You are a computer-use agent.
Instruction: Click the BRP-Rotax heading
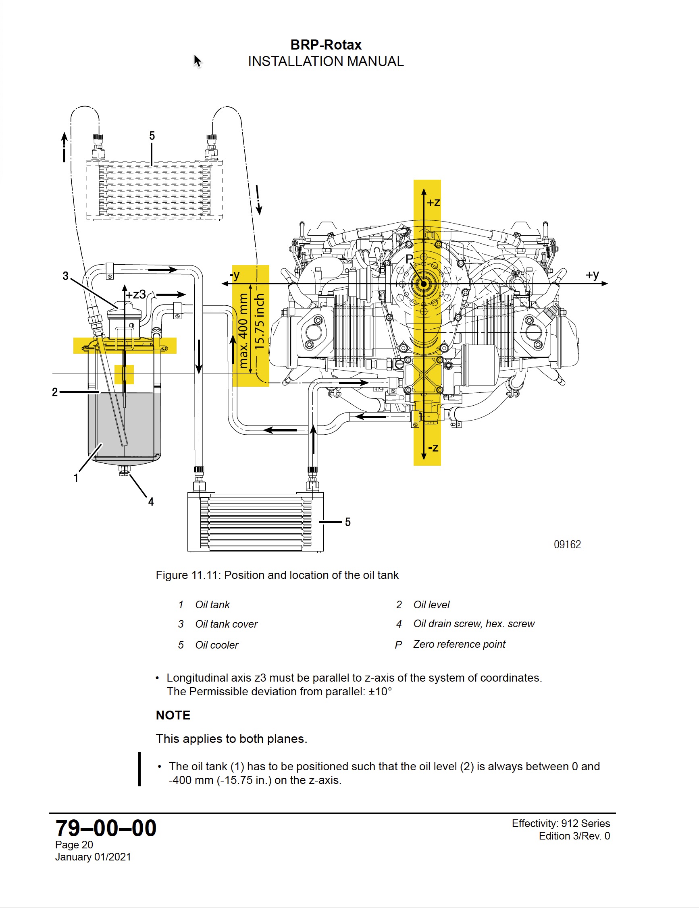coord(326,44)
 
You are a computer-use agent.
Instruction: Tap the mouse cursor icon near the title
coord(197,61)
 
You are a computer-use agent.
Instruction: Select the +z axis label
coord(433,203)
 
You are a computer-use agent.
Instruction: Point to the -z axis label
coord(433,448)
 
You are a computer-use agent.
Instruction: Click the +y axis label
coord(593,275)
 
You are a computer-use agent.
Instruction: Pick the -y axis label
coord(235,275)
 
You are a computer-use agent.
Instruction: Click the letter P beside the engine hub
coord(410,259)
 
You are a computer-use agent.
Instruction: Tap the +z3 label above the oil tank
coord(136,295)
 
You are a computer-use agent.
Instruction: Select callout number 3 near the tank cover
coord(65,276)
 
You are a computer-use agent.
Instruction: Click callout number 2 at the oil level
coord(54,392)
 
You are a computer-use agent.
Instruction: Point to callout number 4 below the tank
coord(151,502)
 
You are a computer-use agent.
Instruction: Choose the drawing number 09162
coord(567,545)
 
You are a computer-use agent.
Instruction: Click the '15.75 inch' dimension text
coord(259,321)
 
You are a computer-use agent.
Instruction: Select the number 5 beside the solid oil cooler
coord(348,522)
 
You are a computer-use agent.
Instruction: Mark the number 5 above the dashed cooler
coord(152,136)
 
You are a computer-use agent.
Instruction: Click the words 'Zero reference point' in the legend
coord(459,645)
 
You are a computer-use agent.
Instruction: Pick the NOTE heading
coord(173,715)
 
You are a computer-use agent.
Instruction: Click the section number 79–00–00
coord(106,828)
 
